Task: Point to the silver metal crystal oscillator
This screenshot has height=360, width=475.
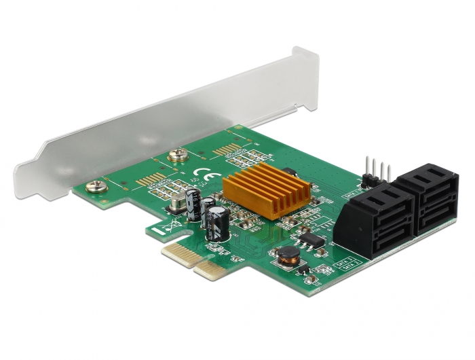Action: pos(185,198)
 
